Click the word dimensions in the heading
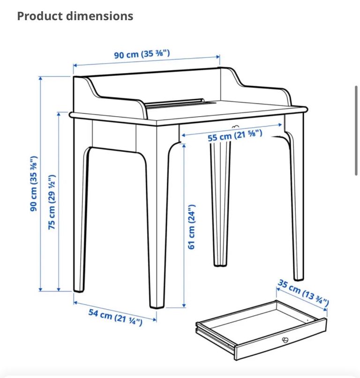(100, 16)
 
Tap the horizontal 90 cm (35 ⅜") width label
(142, 54)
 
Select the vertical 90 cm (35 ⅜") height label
(34, 184)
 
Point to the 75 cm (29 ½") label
(52, 202)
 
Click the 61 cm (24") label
(192, 227)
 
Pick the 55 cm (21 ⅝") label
(235, 135)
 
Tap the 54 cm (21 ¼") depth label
(115, 317)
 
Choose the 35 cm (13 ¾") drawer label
(303, 292)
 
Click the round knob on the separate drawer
(285, 340)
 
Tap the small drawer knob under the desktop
(235, 126)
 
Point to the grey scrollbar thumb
(356, 130)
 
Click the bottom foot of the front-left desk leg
(79, 290)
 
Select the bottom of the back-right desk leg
(299, 278)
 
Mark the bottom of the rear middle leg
(220, 265)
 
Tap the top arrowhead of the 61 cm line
(184, 145)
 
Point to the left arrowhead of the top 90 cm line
(75, 65)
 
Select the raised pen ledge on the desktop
(175, 103)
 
